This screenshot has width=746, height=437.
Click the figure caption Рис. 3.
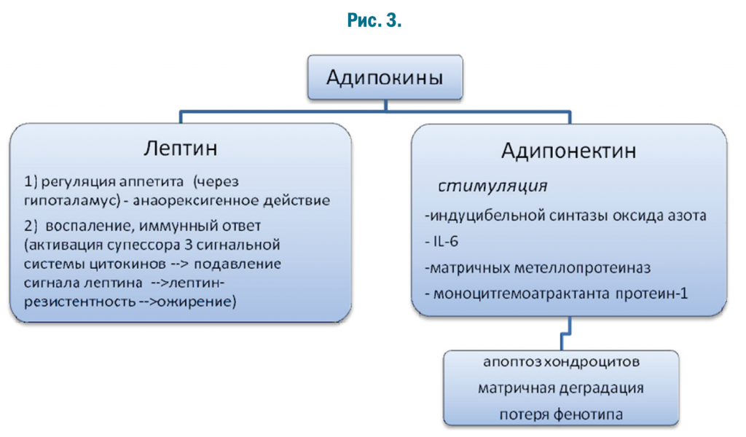pos(374,20)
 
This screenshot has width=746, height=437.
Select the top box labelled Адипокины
pos(385,77)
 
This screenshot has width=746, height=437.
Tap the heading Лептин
pos(181,149)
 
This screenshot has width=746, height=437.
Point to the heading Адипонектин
pos(568,151)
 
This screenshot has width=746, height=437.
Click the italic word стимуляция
pos(492,186)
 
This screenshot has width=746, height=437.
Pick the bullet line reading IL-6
pos(441,242)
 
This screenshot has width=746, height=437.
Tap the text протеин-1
pos(652,294)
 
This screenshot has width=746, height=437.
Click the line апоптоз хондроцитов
pos(562,362)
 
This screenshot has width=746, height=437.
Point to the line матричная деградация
pos(561,388)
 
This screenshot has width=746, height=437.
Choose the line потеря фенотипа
pos(561,414)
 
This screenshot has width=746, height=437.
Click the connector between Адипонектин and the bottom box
pos(565,334)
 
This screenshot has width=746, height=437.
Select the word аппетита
pos(152,181)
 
